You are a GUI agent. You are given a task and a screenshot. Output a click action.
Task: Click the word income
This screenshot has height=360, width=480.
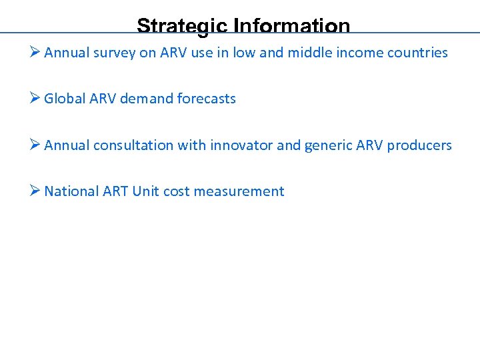(x=359, y=53)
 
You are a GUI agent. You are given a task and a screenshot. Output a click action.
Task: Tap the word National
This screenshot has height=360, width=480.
(x=71, y=191)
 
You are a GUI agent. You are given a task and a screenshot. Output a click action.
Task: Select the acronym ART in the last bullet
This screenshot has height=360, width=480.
(x=115, y=191)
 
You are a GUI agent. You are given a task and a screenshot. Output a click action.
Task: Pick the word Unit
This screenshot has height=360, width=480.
(x=145, y=191)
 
